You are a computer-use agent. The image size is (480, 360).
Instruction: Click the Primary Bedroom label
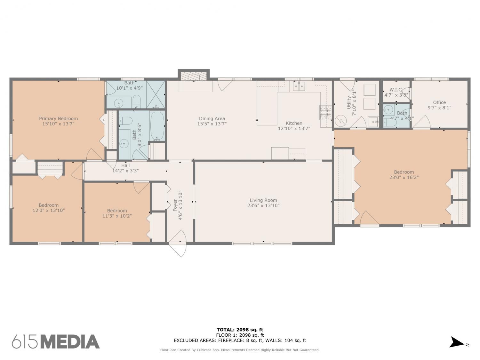58,118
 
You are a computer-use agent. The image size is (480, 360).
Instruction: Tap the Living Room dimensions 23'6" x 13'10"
263,205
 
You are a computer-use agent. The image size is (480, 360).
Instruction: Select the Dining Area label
212,118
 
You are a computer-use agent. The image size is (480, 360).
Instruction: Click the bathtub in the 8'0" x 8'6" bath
157,126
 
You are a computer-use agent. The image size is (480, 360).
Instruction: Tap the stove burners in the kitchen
326,113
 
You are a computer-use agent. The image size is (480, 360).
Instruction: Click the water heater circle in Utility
341,121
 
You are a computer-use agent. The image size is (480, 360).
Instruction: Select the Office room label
439,102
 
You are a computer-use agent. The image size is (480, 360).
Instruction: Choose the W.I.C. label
396,90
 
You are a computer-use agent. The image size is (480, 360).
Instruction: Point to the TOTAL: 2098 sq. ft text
240,330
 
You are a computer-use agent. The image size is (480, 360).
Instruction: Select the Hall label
125,165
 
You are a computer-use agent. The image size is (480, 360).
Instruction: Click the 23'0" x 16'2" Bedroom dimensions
404,178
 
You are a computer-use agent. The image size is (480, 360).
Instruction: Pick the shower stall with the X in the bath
156,94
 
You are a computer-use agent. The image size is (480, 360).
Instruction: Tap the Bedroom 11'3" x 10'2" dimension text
117,216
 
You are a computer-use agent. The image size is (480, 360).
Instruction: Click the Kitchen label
294,123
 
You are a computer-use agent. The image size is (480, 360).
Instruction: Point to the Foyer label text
175,205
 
